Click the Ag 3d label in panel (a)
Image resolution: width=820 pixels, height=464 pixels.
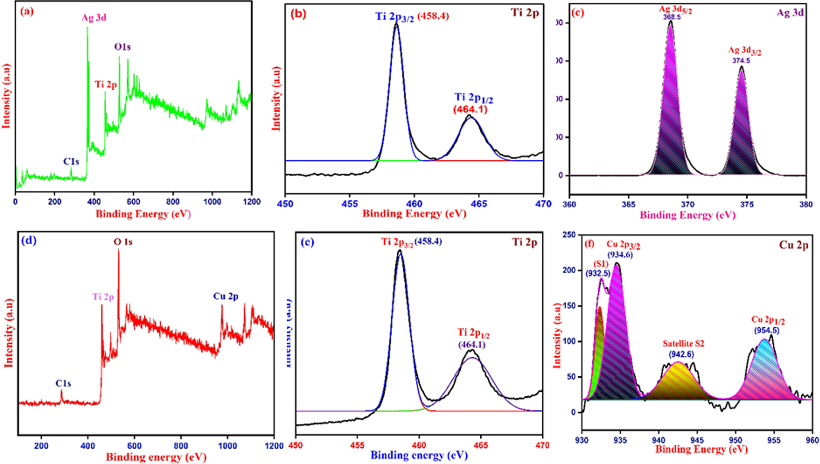coord(94,18)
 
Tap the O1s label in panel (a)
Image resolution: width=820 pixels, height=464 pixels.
coord(122,47)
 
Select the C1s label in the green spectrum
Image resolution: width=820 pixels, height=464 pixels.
coord(71,162)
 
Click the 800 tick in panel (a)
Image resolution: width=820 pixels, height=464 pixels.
coord(173,202)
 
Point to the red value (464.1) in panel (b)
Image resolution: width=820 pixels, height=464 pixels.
coord(470,110)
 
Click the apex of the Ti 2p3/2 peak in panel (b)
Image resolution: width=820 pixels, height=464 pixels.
coord(396,23)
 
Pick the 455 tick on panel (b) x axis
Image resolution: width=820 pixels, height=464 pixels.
coord(350,204)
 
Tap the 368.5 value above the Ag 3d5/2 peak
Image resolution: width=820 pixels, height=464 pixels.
coord(672,17)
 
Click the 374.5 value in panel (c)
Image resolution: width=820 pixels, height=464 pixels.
coord(741,61)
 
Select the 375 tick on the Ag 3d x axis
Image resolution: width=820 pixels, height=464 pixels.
coord(746,204)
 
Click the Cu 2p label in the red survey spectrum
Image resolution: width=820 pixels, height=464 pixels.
coord(226,296)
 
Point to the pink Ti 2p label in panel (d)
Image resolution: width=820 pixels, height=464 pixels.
coord(103,297)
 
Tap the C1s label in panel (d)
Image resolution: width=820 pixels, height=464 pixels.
coord(63,383)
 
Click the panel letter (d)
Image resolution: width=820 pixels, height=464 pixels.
coord(29,240)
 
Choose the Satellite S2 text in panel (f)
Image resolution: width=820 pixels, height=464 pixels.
coord(683,344)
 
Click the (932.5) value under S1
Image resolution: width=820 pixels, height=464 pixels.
coord(598,273)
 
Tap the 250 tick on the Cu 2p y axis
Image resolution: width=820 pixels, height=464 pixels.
coord(569,235)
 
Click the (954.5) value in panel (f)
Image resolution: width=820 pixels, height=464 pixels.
coord(767,330)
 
